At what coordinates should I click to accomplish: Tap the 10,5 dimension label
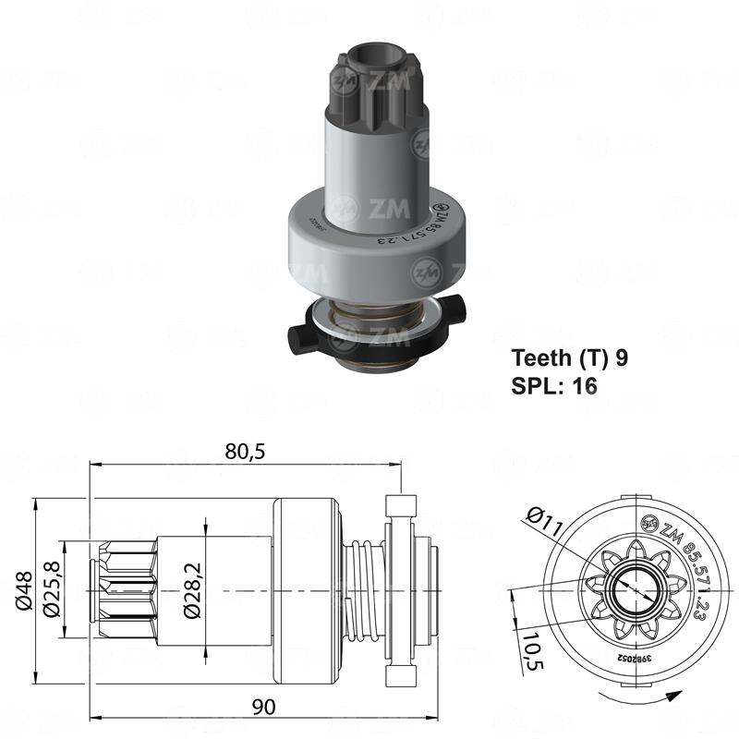point(531,651)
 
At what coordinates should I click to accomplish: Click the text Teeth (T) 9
point(570,357)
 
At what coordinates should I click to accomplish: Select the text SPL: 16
point(554,385)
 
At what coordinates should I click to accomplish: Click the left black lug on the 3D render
point(302,337)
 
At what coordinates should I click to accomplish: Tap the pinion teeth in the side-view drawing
point(123,591)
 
